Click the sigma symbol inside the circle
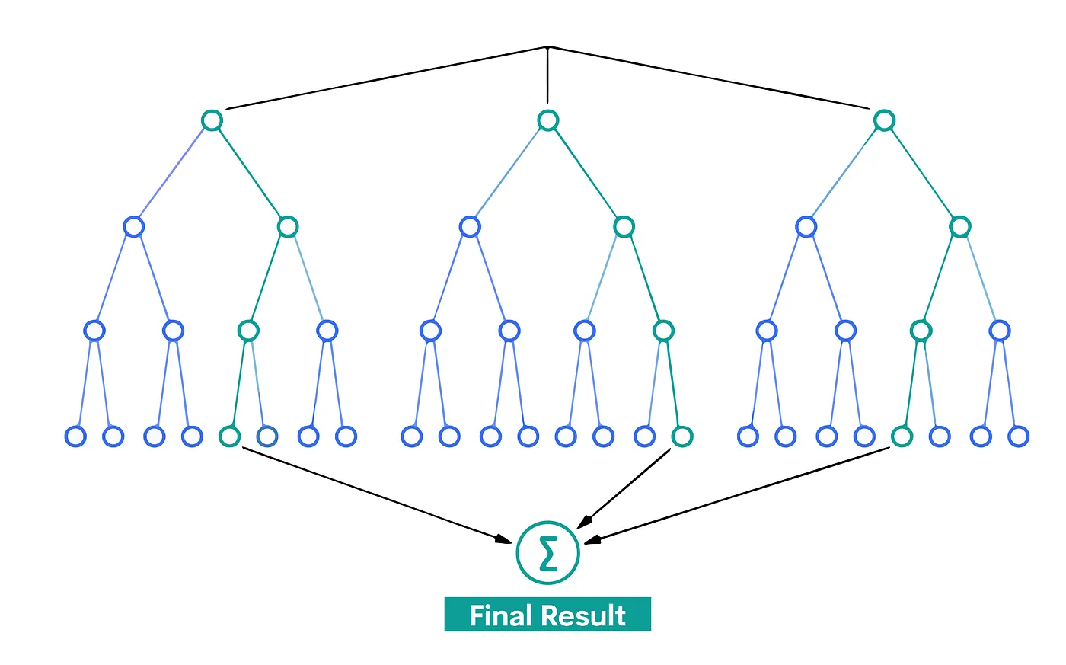click(x=547, y=553)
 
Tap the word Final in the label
click(x=499, y=615)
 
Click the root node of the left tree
click(x=212, y=120)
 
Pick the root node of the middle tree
click(x=547, y=120)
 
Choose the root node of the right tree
click(x=883, y=120)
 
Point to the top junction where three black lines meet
click(x=547, y=47)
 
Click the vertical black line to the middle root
click(x=547, y=76)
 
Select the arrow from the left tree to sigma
click(x=373, y=495)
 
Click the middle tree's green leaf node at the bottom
click(x=681, y=436)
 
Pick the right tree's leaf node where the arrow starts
click(x=902, y=436)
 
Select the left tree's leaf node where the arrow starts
click(x=229, y=436)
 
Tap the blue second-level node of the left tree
click(x=134, y=226)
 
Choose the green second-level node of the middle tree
click(x=624, y=226)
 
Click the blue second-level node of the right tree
click(x=806, y=226)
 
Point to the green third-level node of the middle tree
click(x=663, y=331)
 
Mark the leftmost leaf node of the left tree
click(x=75, y=436)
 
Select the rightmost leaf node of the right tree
click(x=1018, y=436)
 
